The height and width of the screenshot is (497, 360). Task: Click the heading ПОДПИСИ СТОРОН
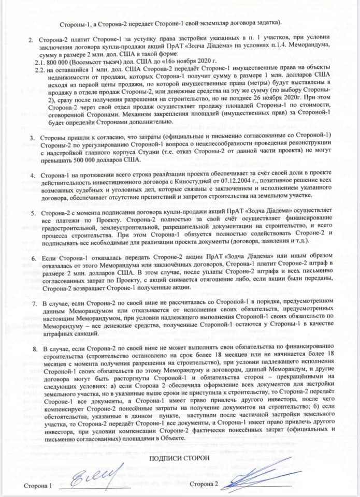click(x=180, y=459)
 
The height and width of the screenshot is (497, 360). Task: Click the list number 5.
click(x=32, y=213)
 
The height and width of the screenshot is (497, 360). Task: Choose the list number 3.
click(x=32, y=138)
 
